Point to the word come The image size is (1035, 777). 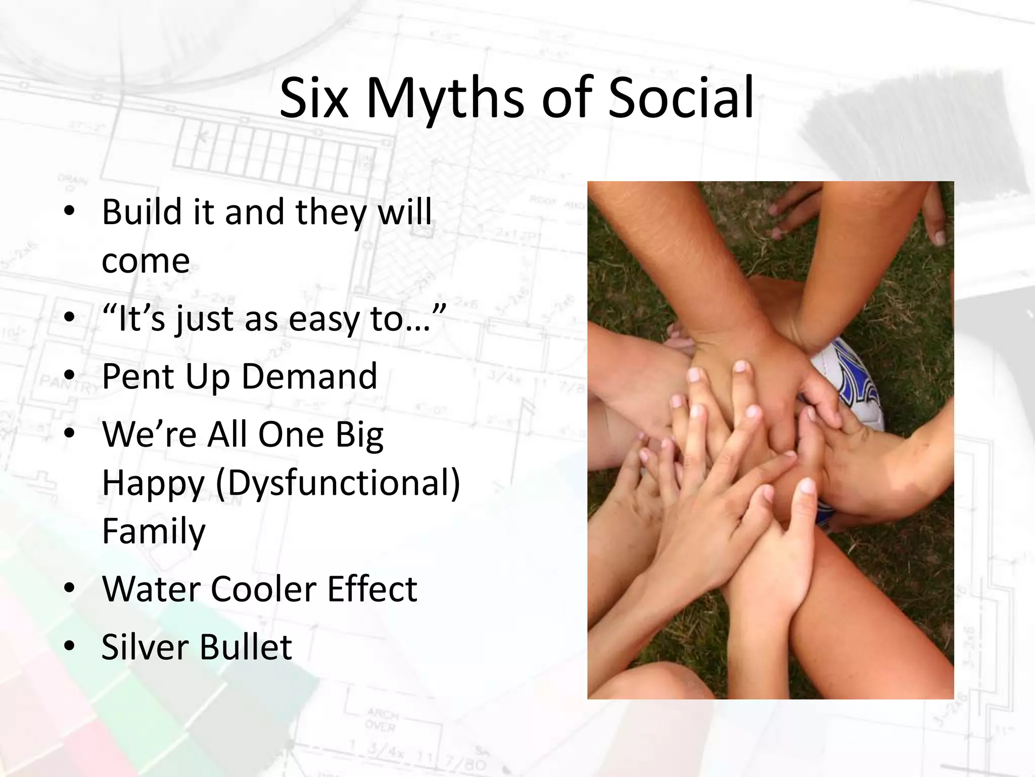146,262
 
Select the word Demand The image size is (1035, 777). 309,376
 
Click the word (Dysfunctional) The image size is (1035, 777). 338,483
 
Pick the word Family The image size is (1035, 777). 154,532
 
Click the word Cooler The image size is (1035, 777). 263,589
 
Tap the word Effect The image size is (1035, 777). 372,589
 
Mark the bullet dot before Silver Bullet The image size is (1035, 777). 70,646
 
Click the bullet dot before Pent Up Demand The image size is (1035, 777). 70,376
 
